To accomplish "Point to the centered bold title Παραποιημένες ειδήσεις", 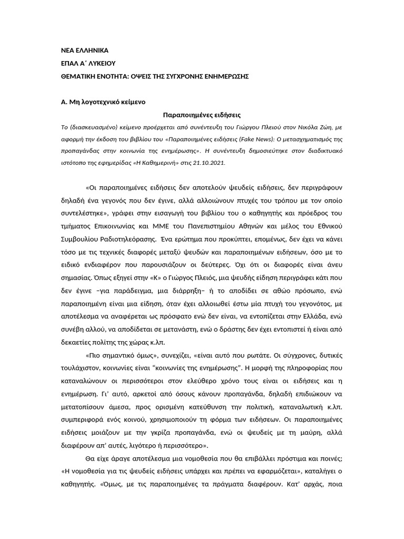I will tap(201, 114).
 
